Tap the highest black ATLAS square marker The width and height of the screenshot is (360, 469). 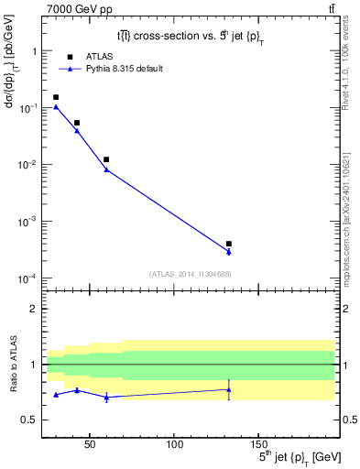click(x=56, y=97)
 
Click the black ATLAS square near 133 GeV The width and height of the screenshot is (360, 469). click(x=229, y=244)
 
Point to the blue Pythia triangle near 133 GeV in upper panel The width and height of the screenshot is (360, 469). click(x=229, y=252)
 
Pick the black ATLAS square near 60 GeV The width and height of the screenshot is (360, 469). click(x=106, y=159)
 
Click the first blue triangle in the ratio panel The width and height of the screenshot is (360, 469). click(x=56, y=395)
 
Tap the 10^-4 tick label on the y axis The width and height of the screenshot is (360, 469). click(x=29, y=278)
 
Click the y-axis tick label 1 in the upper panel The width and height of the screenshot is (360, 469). click(x=35, y=51)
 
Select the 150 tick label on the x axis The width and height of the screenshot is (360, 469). click(x=258, y=444)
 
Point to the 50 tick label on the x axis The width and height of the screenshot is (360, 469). click(x=90, y=444)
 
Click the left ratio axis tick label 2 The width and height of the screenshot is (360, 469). click(x=35, y=309)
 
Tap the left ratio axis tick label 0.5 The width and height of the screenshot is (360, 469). click(x=30, y=420)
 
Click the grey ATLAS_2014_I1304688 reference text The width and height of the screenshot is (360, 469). click(x=191, y=274)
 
